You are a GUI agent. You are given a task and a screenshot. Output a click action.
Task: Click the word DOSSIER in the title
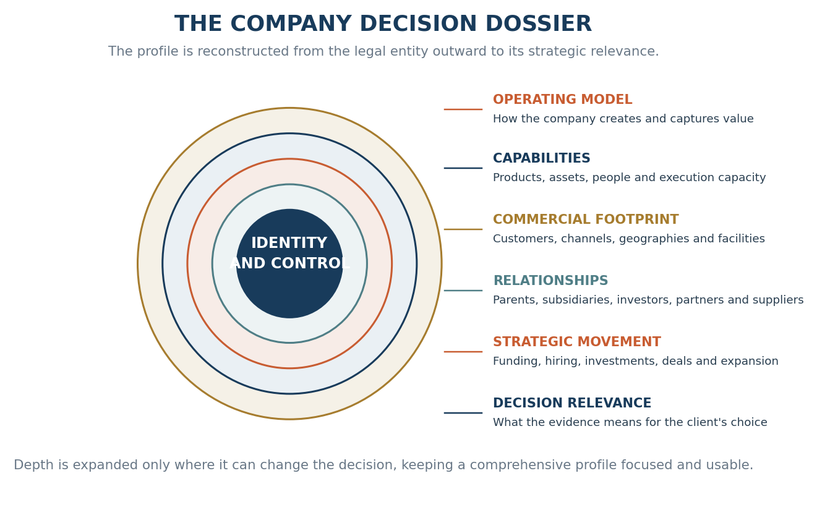[538, 24]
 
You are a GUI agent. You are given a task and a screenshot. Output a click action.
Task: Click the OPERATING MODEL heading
[562, 100]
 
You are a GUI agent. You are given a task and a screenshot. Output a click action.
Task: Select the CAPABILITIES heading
[541, 158]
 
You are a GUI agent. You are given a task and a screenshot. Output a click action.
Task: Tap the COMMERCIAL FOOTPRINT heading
[586, 219]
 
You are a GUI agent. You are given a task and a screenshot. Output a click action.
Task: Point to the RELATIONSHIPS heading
[550, 281]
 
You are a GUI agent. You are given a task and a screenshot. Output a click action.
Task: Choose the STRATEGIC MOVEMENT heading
[576, 342]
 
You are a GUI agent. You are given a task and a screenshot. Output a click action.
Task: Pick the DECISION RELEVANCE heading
[572, 403]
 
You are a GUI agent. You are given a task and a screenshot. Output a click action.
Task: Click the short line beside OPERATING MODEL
[463, 109]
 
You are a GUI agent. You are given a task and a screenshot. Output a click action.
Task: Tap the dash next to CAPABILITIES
[463, 168]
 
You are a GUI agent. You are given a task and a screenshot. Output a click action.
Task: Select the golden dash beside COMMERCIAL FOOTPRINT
[463, 229]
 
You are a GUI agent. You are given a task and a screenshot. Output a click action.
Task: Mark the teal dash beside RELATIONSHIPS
[463, 291]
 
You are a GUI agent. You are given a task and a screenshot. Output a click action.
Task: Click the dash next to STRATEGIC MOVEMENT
[463, 352]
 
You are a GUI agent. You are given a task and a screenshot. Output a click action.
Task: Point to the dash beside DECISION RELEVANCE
[463, 413]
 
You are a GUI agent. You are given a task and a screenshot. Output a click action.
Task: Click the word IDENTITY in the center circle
[289, 243]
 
